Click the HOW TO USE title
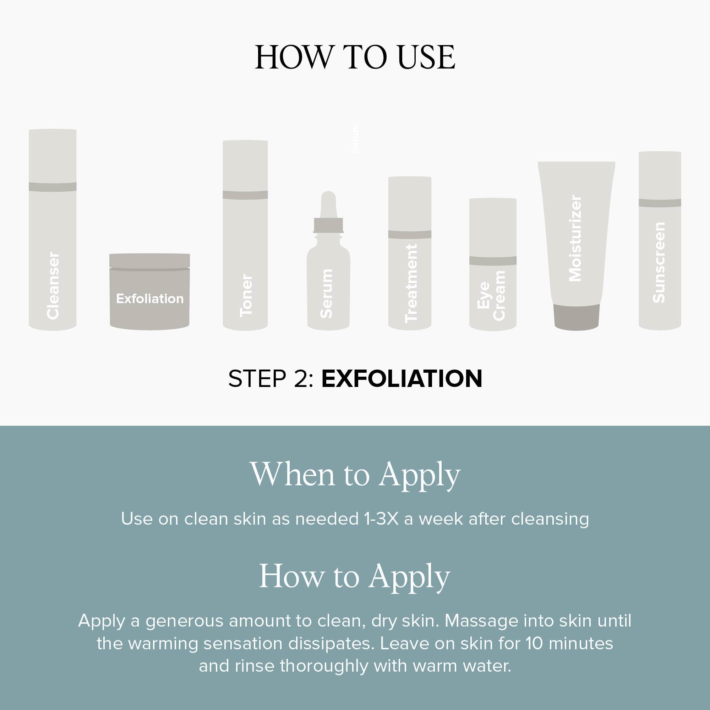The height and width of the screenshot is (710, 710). tap(355, 57)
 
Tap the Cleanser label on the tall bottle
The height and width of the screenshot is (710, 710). tap(53, 285)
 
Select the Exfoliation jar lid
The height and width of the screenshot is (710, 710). tap(149, 261)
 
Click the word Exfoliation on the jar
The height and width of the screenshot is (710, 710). tap(150, 299)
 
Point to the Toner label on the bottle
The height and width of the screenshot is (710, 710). tap(246, 295)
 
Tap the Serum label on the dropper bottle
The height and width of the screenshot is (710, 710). tap(326, 293)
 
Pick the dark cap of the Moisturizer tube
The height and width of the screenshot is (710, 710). tap(577, 317)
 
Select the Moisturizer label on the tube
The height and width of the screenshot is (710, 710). tap(575, 238)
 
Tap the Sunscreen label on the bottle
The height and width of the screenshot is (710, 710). tap(659, 262)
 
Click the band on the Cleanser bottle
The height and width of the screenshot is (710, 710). tap(53, 187)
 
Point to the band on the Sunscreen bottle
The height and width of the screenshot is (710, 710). tap(660, 202)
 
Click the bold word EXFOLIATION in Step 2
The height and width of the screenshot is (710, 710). tap(402, 379)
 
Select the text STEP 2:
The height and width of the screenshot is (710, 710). tap(271, 379)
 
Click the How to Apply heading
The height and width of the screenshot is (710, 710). tap(355, 577)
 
